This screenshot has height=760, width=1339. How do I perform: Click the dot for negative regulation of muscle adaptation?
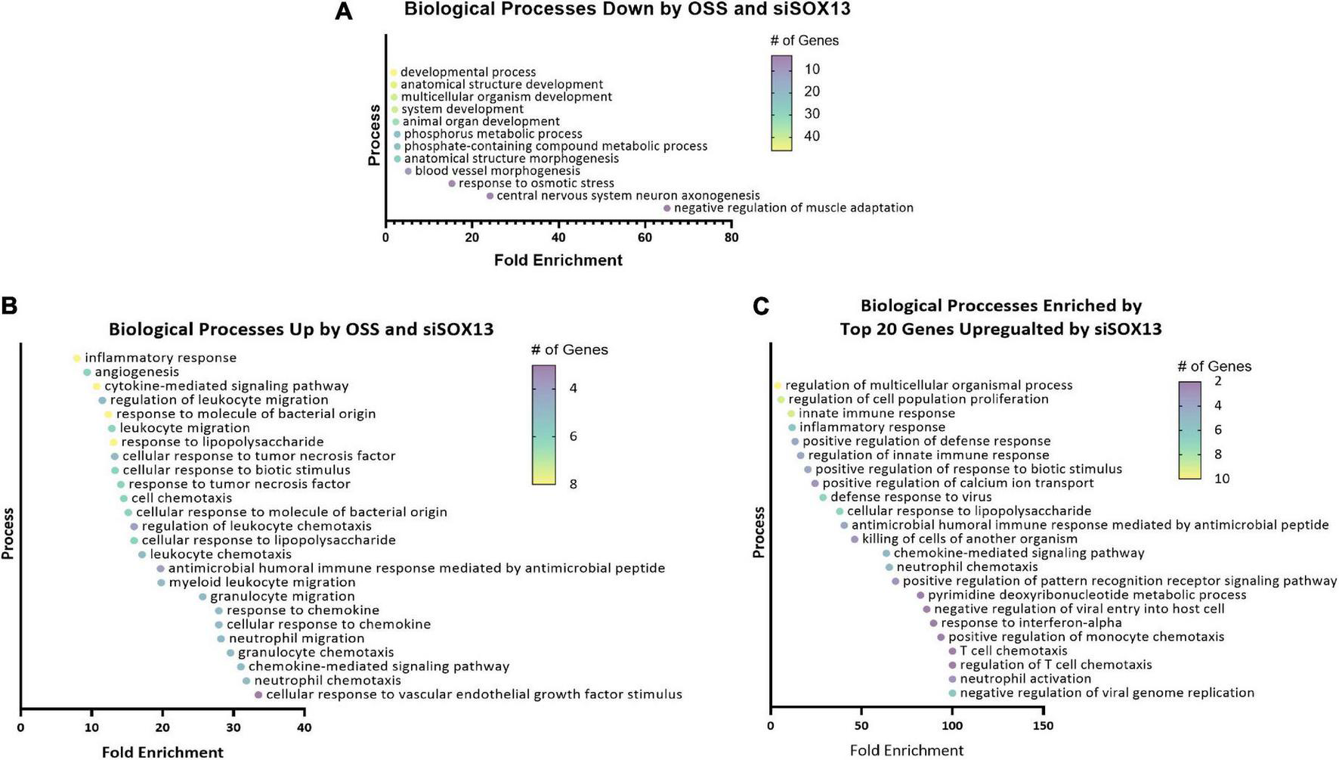coord(666,208)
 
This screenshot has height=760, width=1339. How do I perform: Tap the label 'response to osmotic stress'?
coord(536,183)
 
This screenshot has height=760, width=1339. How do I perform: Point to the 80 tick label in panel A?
coord(731,237)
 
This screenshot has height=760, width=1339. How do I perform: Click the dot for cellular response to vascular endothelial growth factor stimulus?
coord(258,694)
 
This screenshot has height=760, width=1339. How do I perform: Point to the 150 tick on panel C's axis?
coord(1043,726)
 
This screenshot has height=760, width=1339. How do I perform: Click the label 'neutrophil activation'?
coord(1025,678)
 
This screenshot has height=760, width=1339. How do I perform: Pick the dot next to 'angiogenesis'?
coord(87,372)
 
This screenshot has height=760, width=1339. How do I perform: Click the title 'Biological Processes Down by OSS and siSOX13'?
coord(627,9)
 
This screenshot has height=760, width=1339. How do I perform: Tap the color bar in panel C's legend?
coord(1189,430)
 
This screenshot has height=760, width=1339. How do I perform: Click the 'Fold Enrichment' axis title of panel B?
coord(162,752)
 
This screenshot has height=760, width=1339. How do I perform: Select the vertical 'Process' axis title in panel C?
coord(759,532)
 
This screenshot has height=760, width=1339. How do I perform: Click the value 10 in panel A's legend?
coord(812,70)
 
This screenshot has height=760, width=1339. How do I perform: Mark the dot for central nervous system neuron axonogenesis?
coord(490,196)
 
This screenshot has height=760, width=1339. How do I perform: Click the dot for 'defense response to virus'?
coord(823,497)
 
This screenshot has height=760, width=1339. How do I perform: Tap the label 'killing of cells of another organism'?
coord(969,538)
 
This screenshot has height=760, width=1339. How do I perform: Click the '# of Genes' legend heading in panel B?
coord(569,349)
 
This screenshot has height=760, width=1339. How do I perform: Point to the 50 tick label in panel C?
coord(861,726)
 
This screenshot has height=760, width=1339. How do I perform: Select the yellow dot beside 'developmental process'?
coord(393,73)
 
